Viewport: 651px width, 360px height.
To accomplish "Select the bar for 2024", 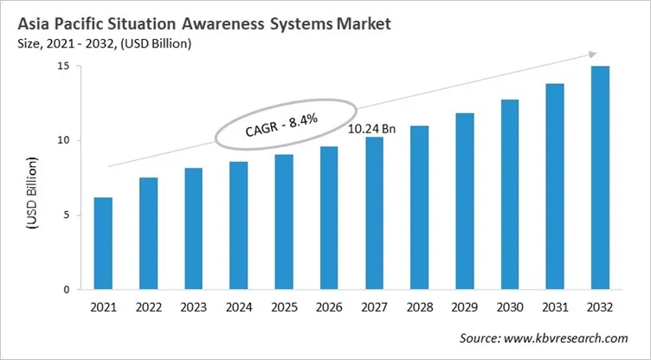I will click(238, 226).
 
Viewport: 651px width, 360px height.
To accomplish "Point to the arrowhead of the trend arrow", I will click(590, 55).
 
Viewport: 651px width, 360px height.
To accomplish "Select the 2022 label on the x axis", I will click(148, 306).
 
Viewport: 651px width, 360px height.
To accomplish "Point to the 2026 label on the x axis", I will click(329, 306).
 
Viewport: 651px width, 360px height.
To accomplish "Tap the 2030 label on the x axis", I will click(509, 306).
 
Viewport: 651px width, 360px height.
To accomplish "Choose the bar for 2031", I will click(554, 187).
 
